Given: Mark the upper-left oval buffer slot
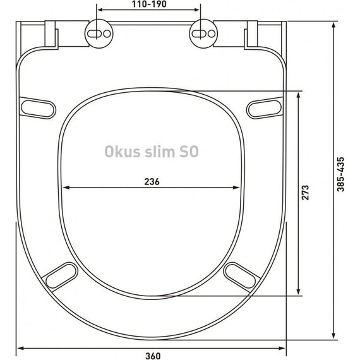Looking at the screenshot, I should (x=37, y=107).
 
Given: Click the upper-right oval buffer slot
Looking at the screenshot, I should (x=263, y=107).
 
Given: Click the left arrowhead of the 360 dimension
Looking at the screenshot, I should (x=19, y=347).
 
